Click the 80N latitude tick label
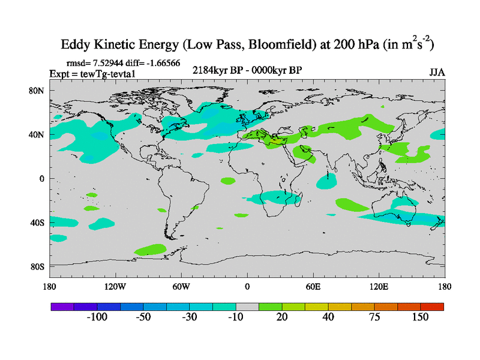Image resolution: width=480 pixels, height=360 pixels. [x=37, y=91]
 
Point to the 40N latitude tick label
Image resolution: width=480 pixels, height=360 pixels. [x=37, y=134]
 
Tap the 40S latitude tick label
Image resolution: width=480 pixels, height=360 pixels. [x=37, y=223]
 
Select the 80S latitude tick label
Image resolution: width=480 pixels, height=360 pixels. [x=37, y=266]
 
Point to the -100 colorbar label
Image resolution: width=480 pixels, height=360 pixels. [x=97, y=317]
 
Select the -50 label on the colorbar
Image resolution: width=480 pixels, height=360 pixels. [x=143, y=317]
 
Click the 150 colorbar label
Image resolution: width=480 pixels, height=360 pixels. [x=420, y=317]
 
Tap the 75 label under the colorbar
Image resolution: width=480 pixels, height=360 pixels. [x=374, y=317]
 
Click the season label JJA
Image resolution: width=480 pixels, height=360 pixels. [x=437, y=73]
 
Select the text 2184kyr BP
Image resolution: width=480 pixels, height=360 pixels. [x=215, y=70]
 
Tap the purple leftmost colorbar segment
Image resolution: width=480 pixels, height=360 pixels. [x=61, y=306]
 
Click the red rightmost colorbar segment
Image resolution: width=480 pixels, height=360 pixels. [x=432, y=306]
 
